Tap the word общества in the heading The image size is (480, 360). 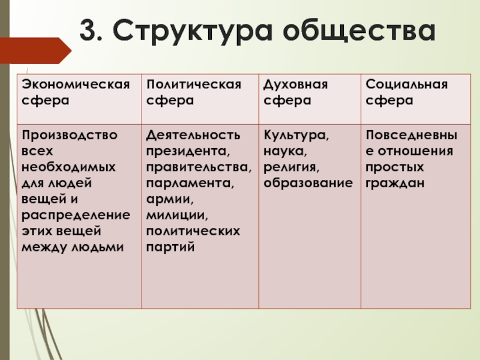click(359, 32)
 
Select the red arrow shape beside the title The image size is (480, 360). click(35, 50)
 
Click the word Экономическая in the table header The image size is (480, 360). click(76, 84)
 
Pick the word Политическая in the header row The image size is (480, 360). click(194, 84)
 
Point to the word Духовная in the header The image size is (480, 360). click(296, 85)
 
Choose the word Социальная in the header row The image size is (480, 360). click(407, 84)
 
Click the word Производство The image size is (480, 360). click(70, 136)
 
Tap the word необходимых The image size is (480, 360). click(69, 167)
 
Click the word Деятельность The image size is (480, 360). click(193, 136)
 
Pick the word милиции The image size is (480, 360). click(177, 215)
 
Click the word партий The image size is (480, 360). click(170, 247)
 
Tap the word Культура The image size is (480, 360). click(296, 136)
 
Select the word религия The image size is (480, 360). click(292, 168)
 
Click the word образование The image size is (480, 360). click(308, 184)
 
